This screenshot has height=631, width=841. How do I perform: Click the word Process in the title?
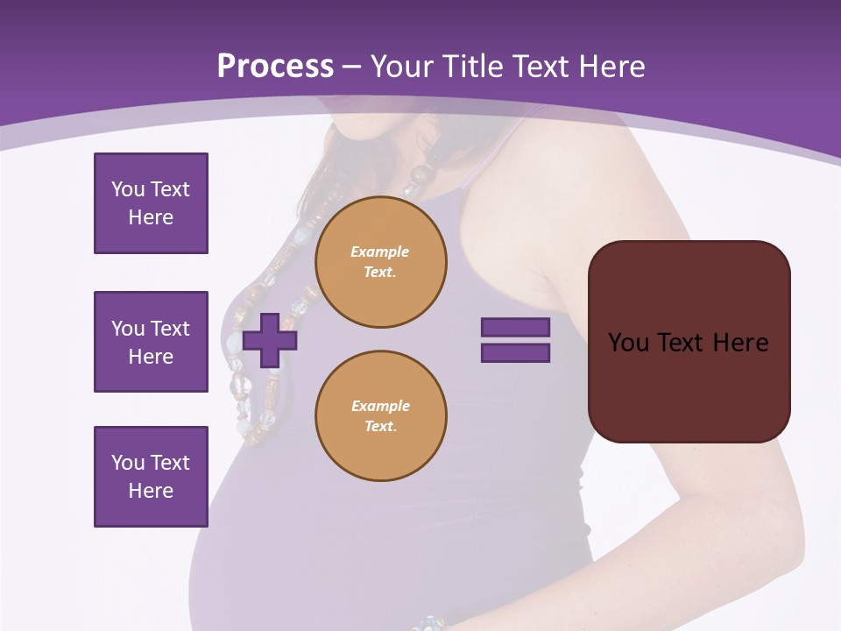click(275, 66)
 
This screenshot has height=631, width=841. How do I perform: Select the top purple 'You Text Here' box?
click(151, 203)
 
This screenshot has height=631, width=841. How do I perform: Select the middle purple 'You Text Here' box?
click(151, 342)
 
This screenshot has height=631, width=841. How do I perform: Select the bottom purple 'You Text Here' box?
click(151, 476)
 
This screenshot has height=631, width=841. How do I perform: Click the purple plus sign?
click(270, 340)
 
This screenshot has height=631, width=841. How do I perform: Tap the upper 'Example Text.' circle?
click(381, 262)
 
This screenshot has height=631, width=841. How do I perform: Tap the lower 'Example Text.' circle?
click(381, 416)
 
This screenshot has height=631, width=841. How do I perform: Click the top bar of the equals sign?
click(515, 328)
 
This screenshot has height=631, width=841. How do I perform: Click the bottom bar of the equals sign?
click(515, 353)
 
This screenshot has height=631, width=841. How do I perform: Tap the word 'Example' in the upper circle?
click(379, 252)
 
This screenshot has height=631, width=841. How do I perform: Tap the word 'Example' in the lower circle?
click(380, 406)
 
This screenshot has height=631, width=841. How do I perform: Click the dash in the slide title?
click(352, 67)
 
